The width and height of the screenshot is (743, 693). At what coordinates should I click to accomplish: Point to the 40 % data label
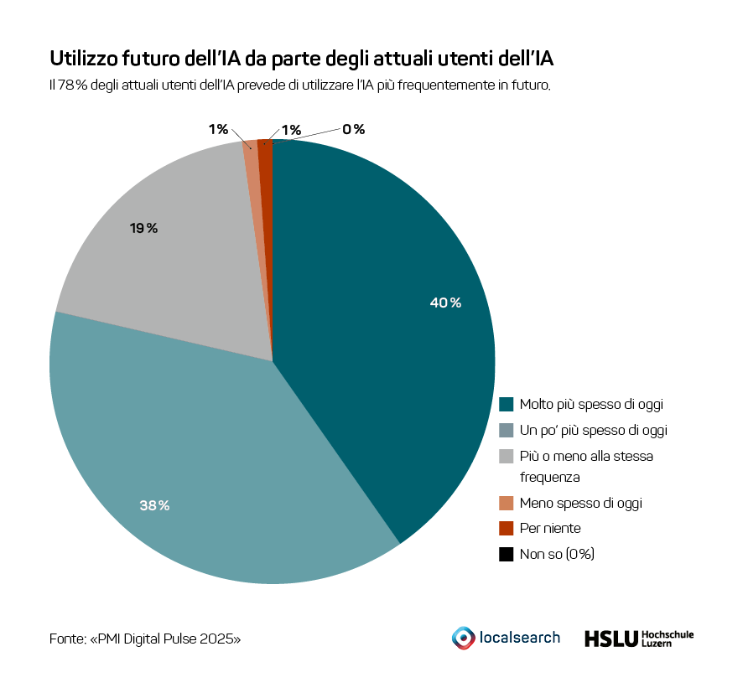tap(445, 303)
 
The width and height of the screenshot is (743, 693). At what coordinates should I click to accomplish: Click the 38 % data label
tap(154, 505)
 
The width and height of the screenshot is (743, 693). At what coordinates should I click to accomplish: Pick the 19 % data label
tap(143, 228)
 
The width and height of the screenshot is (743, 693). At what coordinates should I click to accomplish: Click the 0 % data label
tap(353, 129)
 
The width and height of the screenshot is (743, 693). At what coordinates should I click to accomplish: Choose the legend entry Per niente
tap(549, 528)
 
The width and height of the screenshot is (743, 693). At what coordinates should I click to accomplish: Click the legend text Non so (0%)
tap(557, 554)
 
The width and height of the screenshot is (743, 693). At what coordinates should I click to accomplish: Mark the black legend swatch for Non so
tap(506, 554)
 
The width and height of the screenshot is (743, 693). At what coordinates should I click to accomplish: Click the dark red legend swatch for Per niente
tap(506, 529)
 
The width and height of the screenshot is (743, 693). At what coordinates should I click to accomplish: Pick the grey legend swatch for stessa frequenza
tap(506, 457)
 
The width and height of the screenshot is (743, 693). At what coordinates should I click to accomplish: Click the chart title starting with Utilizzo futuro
tap(302, 59)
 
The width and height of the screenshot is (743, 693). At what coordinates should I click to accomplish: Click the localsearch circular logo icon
tap(462, 638)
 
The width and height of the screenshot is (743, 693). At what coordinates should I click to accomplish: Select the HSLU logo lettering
tap(610, 639)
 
